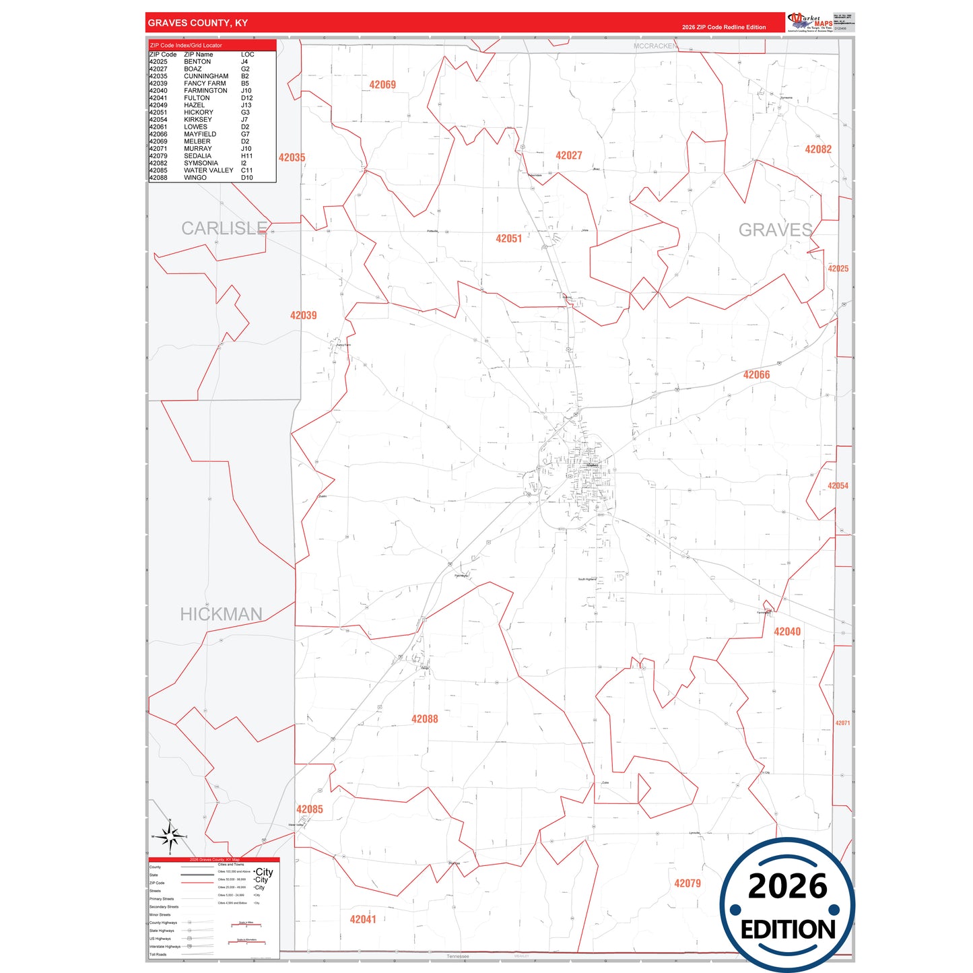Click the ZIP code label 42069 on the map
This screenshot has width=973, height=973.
[x=382, y=85]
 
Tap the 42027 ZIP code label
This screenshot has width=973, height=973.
[x=568, y=156]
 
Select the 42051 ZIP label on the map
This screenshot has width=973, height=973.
[x=508, y=238]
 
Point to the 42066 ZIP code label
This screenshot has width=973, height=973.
[x=756, y=375]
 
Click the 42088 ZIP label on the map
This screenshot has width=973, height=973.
[x=424, y=719]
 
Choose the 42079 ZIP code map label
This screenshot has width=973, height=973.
[x=687, y=883]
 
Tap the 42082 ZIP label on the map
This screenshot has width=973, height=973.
[x=818, y=149]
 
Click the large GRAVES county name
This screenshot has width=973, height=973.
[x=775, y=230]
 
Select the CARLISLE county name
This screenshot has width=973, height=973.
[x=224, y=229]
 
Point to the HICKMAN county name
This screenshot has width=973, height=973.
[x=221, y=614]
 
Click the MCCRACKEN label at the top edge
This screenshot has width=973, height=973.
[x=655, y=46]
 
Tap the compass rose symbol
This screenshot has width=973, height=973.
[x=170, y=837]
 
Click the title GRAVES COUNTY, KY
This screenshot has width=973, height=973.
[x=198, y=23]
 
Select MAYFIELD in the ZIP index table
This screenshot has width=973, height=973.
[x=200, y=134]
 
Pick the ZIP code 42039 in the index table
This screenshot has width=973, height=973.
[x=158, y=83]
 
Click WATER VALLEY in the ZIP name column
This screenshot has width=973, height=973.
[x=209, y=170]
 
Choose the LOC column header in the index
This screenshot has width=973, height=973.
[x=247, y=55]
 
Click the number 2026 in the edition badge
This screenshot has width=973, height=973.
[x=787, y=887]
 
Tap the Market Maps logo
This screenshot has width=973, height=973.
[x=809, y=22]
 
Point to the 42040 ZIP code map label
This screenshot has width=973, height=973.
[x=787, y=632]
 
